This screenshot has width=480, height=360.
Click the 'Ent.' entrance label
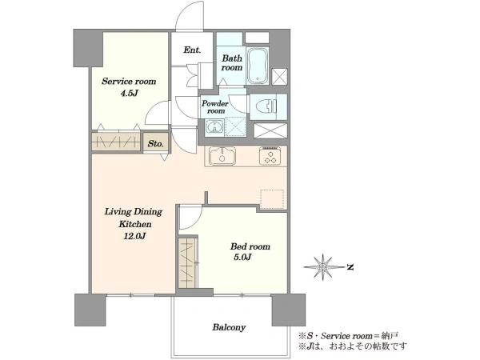192,50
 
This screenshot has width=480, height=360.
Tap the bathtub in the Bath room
258,66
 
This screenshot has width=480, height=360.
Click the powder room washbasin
214,126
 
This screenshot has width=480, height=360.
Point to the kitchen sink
222,156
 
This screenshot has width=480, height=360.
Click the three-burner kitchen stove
270,156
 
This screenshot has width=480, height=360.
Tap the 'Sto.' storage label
155,143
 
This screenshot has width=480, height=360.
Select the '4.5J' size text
129,94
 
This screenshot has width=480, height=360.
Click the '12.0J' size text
134,236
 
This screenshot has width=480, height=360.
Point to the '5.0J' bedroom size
242,257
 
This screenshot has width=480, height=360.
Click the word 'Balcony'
229,327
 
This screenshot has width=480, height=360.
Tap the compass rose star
323,267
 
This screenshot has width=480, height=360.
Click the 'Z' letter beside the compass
350,267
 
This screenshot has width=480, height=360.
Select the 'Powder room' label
215,107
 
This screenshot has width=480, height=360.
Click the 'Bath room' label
232,62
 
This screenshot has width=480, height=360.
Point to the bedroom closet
186,262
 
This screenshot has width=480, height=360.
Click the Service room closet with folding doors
116,141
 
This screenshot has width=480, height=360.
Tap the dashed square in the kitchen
272,199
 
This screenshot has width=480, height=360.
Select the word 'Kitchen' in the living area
134,224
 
